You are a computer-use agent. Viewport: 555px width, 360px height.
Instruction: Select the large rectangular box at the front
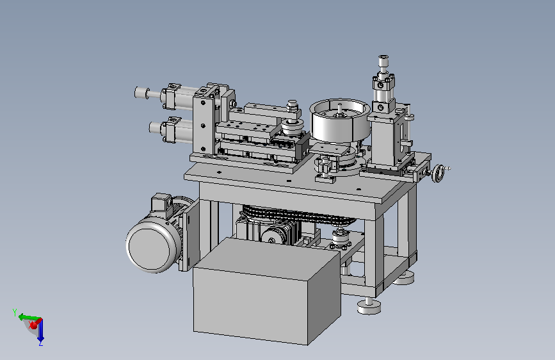point(266,291)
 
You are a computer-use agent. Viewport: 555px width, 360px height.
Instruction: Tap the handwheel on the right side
point(438,174)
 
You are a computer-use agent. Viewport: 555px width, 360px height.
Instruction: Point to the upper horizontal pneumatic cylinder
point(166,96)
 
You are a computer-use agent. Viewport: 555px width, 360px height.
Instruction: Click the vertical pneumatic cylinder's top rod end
point(383,61)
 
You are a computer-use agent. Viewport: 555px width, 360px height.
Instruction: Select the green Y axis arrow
point(29,317)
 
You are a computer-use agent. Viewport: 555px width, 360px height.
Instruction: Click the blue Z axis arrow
point(41,331)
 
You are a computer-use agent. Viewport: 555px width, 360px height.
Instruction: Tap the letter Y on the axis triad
point(15,312)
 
